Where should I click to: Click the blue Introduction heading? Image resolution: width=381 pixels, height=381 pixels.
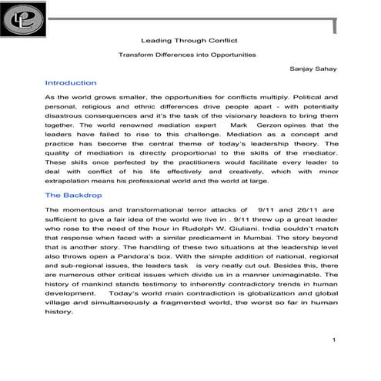point(71,82)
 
